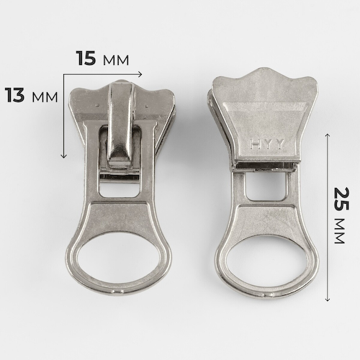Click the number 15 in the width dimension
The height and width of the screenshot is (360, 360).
pyautogui.click(x=86, y=58)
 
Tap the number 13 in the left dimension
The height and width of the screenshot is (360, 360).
pyautogui.click(x=14, y=95)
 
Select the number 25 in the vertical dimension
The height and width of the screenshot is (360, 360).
pyautogui.click(x=342, y=199)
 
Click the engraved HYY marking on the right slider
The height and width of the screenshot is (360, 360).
pyautogui.click(x=267, y=144)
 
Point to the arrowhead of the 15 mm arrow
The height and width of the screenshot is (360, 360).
pyautogui.click(x=140, y=75)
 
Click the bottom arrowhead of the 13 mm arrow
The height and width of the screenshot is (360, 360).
pyautogui.click(x=63, y=156)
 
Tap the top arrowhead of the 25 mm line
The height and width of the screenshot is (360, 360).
pyautogui.click(x=328, y=136)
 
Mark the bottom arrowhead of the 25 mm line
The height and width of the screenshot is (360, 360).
pyautogui.click(x=328, y=299)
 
